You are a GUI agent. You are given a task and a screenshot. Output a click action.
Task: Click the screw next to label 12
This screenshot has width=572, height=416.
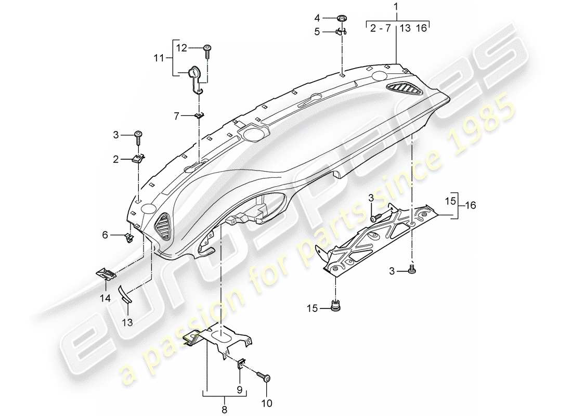click(207, 50)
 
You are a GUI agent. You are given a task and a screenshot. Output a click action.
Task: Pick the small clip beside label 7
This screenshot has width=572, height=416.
click(199, 116)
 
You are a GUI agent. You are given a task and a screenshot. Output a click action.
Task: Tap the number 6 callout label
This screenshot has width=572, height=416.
click(105, 235)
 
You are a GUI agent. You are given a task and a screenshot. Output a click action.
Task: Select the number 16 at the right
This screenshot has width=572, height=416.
click(471, 206)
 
